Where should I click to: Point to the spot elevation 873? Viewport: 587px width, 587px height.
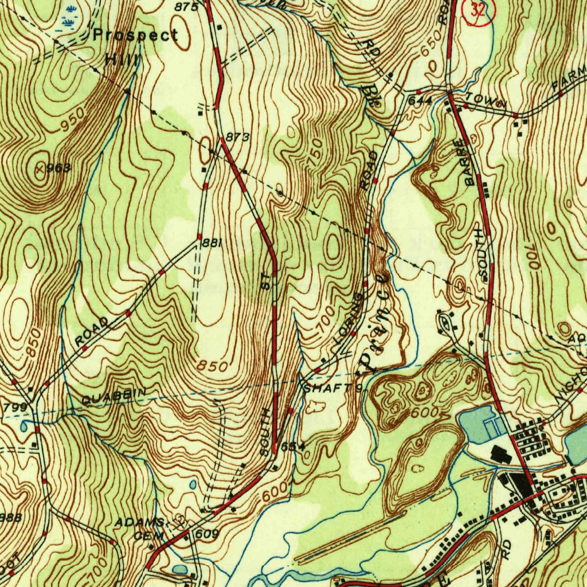[x=237, y=137]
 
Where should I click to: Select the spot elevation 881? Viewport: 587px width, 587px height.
[x=212, y=243]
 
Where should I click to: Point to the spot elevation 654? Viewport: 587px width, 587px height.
[x=292, y=445]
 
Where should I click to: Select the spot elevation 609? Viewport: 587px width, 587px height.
[x=207, y=534]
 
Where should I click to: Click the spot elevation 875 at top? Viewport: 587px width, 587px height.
[x=187, y=7]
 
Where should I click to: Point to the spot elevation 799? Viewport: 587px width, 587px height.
[x=11, y=408]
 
